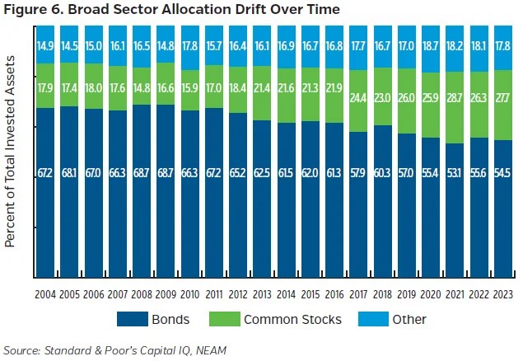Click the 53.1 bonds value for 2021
coord(453,173)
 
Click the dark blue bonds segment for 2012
coord(238,198)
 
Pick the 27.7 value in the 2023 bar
coord(501,96)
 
